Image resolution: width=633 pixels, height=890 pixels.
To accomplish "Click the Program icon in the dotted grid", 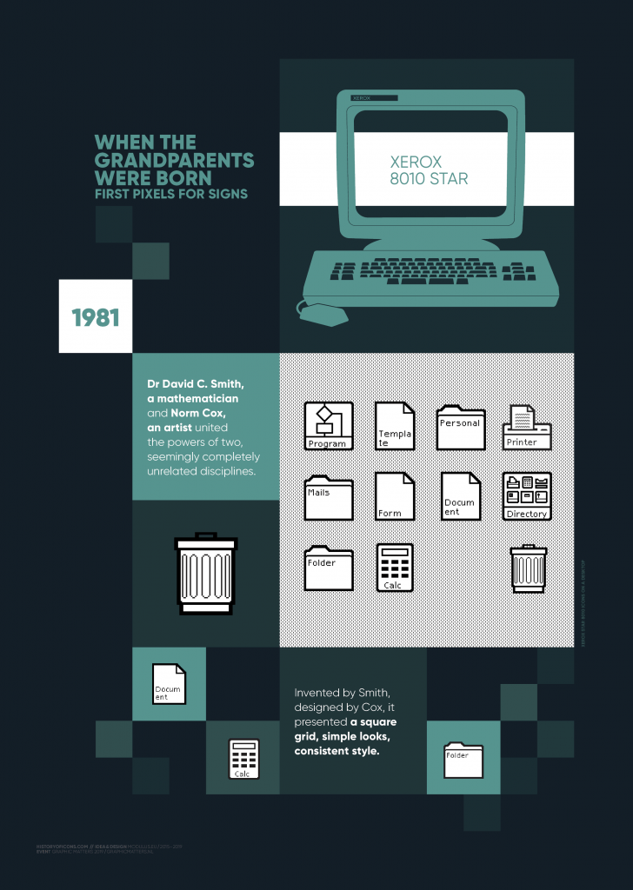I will (329, 426).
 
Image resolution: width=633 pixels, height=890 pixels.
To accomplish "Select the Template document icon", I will (395, 426).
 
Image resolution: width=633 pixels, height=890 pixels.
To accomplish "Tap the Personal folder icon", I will (461, 427).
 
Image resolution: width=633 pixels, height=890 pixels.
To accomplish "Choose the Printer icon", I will (527, 427).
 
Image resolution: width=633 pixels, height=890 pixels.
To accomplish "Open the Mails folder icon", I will (329, 497).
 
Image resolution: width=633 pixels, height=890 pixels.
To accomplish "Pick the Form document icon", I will (395, 495).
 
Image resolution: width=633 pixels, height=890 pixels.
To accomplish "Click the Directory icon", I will (527, 496).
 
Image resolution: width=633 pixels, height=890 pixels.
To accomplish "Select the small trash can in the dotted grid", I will (528, 568).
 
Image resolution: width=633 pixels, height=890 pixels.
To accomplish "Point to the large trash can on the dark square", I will (205, 569).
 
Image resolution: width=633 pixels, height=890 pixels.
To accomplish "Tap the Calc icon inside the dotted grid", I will (395, 568).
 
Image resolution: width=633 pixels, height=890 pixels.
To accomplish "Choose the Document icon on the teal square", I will (169, 684).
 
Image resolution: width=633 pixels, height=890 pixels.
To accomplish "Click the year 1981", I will (96, 317).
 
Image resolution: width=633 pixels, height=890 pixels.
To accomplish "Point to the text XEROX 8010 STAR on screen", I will (429, 170).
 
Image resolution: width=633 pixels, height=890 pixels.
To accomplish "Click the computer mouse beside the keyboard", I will (322, 312).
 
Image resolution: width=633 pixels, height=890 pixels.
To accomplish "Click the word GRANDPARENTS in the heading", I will (174, 161).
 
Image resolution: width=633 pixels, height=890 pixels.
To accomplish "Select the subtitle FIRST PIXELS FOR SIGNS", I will (171, 194).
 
